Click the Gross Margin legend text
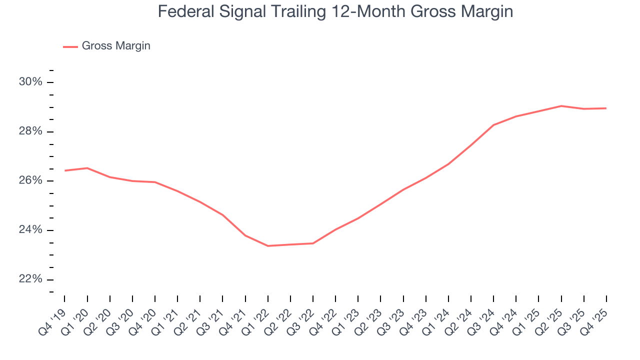tap(116, 46)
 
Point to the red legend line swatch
tap(70, 46)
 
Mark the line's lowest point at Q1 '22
tap(268, 246)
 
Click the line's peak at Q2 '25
tap(561, 106)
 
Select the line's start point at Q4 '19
tap(65, 170)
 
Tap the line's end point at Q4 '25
tap(606, 108)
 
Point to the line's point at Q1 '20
tap(87, 168)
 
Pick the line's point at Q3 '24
tap(493, 125)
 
